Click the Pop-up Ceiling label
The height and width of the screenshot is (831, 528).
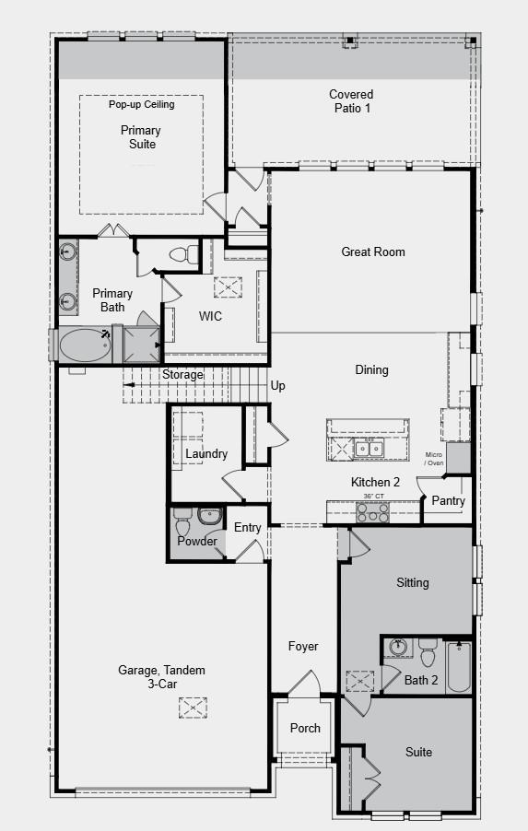pyautogui.click(x=141, y=104)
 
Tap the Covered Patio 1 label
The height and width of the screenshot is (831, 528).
pyautogui.click(x=352, y=101)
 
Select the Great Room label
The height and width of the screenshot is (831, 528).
pyautogui.click(x=372, y=252)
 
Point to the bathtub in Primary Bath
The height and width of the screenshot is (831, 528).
pyautogui.click(x=85, y=345)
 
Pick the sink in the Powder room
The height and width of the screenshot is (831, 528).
pyautogui.click(x=211, y=516)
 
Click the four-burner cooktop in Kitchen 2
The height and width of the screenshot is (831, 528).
pyautogui.click(x=372, y=513)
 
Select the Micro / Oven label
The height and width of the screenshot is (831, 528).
pyautogui.click(x=433, y=459)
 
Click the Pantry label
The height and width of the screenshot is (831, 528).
pyautogui.click(x=449, y=501)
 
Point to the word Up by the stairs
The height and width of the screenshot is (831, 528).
pyautogui.click(x=277, y=386)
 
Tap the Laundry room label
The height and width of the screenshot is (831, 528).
pyautogui.click(x=206, y=453)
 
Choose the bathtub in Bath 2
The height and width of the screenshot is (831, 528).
pyautogui.click(x=458, y=665)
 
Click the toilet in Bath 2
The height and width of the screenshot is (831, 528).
pyautogui.click(x=427, y=654)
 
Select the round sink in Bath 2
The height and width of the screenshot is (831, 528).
pyautogui.click(x=398, y=647)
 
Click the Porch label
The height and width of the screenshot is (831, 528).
pyautogui.click(x=305, y=728)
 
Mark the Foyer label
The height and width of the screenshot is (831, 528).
pyautogui.click(x=302, y=647)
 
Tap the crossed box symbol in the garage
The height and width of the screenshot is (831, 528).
pyautogui.click(x=193, y=707)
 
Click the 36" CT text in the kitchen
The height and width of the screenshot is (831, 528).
pyautogui.click(x=373, y=497)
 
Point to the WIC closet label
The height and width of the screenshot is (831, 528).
pyautogui.click(x=210, y=316)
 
